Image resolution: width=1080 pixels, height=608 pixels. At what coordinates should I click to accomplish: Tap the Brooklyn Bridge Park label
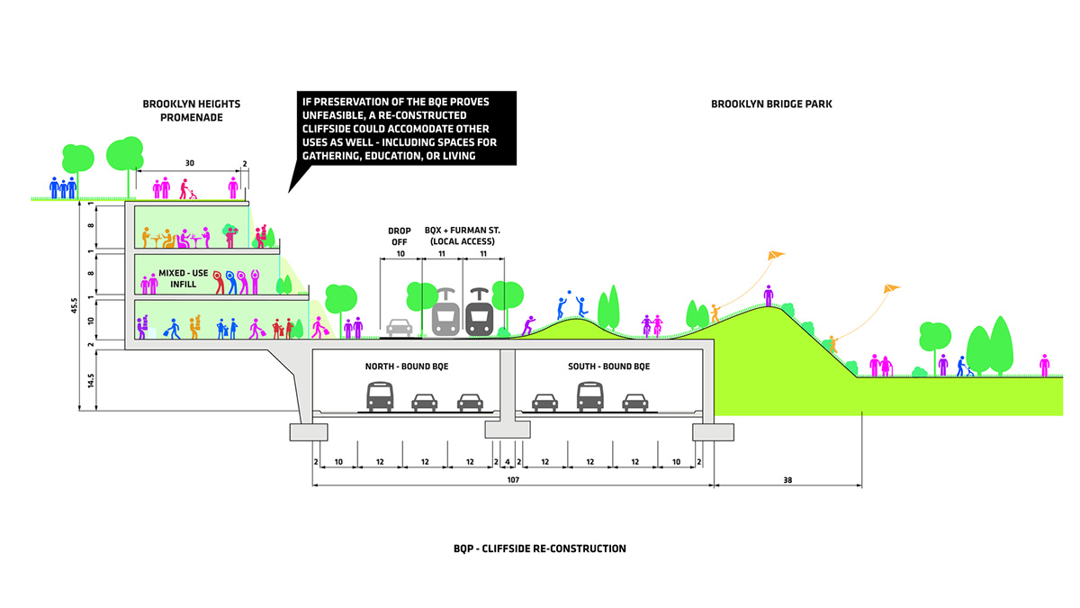pyautogui.click(x=771, y=104)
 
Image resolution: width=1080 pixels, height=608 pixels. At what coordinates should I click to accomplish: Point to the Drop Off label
pyautogui.click(x=399, y=237)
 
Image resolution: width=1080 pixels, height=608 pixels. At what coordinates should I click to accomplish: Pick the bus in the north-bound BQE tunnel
pyautogui.click(x=380, y=396)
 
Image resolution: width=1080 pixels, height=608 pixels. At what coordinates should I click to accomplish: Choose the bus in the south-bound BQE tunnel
pyautogui.click(x=590, y=396)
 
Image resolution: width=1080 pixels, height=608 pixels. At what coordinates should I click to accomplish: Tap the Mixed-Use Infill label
pyautogui.click(x=184, y=277)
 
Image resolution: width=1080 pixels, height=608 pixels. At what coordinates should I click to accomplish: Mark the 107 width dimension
pyautogui.click(x=513, y=479)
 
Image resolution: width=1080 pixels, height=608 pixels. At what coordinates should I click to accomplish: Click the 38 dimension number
pyautogui.click(x=788, y=479)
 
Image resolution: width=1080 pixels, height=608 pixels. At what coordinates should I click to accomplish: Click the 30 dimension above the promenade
pyautogui.click(x=189, y=163)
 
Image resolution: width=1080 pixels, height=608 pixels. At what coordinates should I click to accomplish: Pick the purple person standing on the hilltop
pyautogui.click(x=768, y=295)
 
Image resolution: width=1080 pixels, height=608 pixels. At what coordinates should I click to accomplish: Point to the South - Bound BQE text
pyautogui.click(x=608, y=367)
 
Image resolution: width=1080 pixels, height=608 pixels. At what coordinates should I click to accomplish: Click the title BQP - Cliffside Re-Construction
pyautogui.click(x=540, y=548)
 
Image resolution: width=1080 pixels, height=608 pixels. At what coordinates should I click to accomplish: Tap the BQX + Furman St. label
pyautogui.click(x=463, y=237)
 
